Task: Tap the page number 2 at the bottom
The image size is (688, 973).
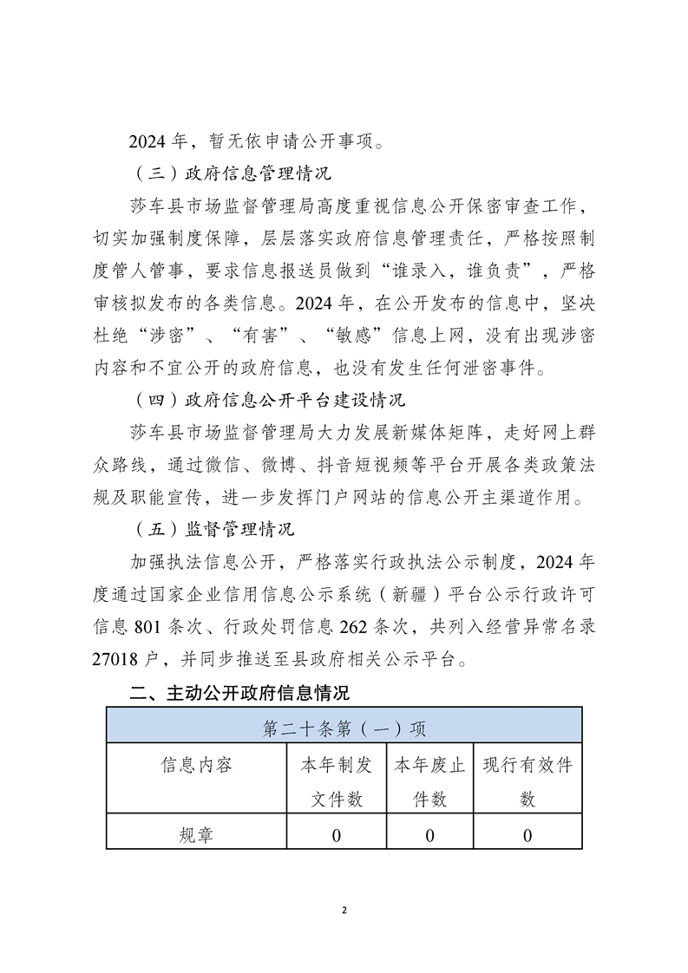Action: [344, 911]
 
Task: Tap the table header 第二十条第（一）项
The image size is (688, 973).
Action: [344, 728]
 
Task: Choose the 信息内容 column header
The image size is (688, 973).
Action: [196, 765]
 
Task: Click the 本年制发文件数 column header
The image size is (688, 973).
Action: [337, 781]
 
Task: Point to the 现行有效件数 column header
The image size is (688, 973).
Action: [527, 781]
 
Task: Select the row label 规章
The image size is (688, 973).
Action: [196, 835]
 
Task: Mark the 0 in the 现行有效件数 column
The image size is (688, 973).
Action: [527, 835]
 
